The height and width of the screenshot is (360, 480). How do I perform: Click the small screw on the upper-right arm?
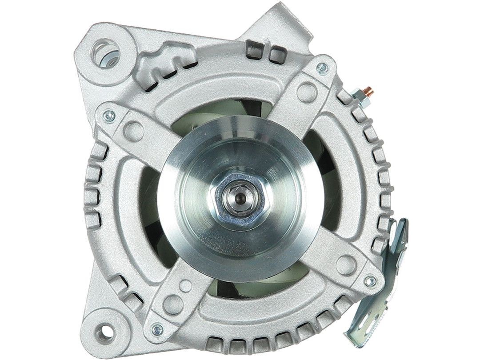(320, 68)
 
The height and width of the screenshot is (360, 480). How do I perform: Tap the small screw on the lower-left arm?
(156, 329)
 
